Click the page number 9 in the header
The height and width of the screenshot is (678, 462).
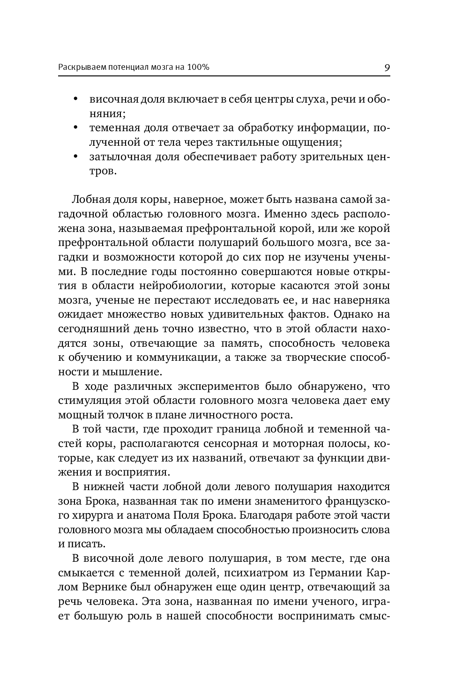point(387,67)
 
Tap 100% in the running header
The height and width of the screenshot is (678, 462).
point(198,67)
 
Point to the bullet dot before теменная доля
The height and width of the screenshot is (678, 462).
point(75,128)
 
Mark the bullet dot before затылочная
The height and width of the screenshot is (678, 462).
point(75,157)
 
